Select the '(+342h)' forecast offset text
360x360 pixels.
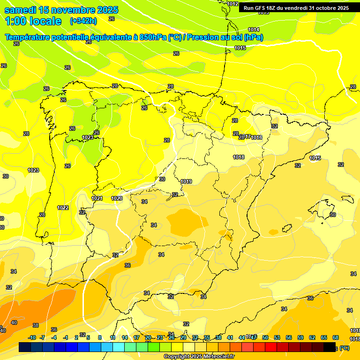pyautogui.click(x=83, y=21)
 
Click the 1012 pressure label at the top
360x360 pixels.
pyautogui.click(x=233, y=4)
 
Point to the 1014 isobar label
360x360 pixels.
pyautogui.click(x=254, y=30)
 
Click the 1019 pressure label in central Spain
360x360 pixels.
pyautogui.click(x=186, y=181)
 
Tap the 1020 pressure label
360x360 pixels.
pyautogui.click(x=117, y=198)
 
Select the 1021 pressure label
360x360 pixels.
pyautogui.click(x=97, y=198)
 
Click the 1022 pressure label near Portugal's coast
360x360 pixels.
pyautogui.click(x=63, y=208)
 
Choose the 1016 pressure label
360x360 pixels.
pyautogui.click(x=256, y=137)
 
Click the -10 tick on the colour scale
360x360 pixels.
pyautogui.click(x=32, y=337)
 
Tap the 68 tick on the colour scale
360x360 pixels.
pyautogui.click(x=336, y=337)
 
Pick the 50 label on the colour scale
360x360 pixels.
pyautogui.click(x=265, y=337)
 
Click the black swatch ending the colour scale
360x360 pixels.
pyautogui.click(x=330, y=347)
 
